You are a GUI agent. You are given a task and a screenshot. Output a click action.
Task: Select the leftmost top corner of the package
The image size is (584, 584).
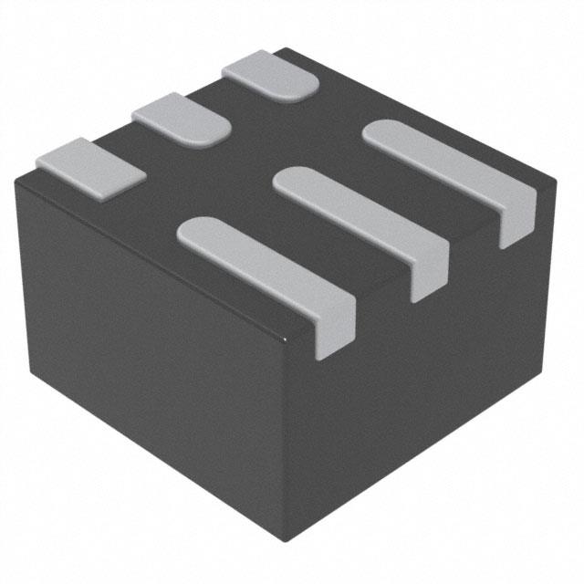pyautogui.click(x=16, y=179)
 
